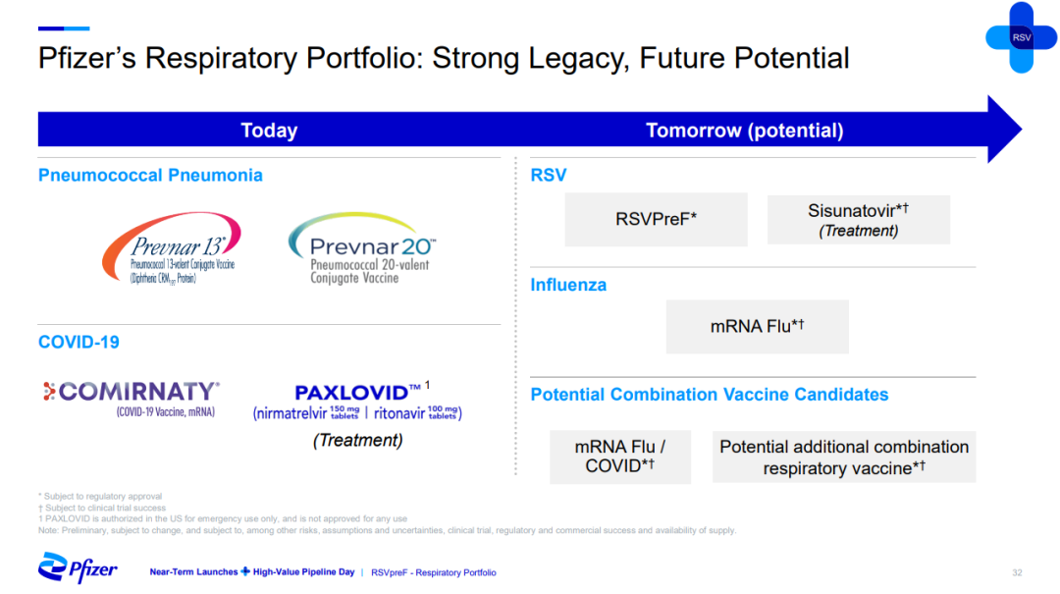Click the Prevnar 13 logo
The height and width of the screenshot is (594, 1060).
pos(172,248)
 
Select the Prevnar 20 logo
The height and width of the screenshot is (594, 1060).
pos(362,248)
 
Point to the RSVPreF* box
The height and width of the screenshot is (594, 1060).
pos(656,219)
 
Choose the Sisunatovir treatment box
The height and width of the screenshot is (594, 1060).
pos(859,220)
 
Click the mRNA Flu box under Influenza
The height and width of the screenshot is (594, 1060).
pos(757,327)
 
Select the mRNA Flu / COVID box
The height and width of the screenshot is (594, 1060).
pos(620,457)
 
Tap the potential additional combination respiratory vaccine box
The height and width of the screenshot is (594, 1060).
pos(844,457)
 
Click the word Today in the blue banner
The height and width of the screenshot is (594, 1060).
pos(269,131)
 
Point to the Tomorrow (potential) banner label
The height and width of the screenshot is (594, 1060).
pos(744,131)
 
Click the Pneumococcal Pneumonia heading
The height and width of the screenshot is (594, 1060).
pos(150,175)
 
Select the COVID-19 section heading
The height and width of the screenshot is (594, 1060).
pos(79,343)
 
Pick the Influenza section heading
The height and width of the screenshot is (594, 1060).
pos(568,285)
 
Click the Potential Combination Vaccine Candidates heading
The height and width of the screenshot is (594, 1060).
pos(710,395)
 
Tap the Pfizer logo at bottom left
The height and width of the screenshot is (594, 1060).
pos(78,567)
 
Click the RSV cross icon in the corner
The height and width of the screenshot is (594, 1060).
pos(1021,37)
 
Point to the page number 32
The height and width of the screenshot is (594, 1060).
pos(1017,573)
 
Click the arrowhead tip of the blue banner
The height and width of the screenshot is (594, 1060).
pos(1021,130)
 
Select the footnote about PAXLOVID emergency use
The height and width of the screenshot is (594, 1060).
pos(223,519)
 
